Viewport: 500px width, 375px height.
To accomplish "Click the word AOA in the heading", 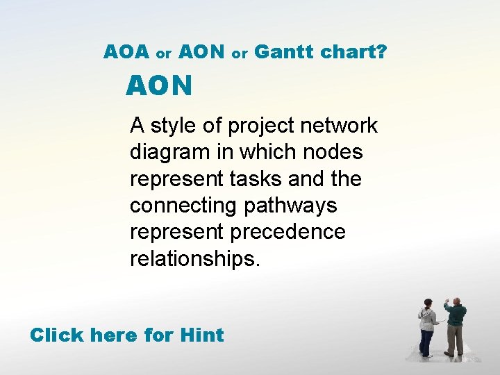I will point(126,51).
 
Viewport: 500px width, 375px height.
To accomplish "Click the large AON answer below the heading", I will point(159,86).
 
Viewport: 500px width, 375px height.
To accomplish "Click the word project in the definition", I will point(261,126).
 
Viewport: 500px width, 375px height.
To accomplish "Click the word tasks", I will point(251,178).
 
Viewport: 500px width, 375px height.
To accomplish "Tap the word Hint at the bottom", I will point(201,335).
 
